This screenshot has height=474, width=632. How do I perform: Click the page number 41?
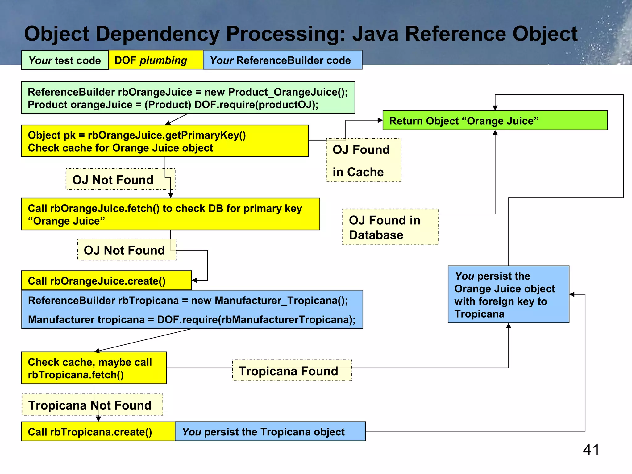(591, 450)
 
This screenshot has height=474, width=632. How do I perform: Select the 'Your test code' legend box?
(65, 60)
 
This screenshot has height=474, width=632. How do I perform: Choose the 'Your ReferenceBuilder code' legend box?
(282, 60)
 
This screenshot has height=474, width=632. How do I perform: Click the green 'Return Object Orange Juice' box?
(495, 121)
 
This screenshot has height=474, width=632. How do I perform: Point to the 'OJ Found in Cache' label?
(364, 160)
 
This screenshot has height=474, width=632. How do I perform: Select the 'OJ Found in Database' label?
(390, 227)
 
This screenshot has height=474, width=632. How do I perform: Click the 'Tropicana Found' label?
(292, 371)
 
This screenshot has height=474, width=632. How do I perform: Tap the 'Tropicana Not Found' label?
(92, 405)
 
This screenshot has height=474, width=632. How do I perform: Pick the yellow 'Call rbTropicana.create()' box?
(98, 431)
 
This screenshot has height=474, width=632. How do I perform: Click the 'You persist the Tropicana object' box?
(270, 431)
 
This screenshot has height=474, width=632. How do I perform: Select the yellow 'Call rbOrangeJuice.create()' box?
(106, 281)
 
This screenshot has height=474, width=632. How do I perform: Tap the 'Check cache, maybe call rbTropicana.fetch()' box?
(94, 368)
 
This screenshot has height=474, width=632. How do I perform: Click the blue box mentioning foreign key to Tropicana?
(508, 294)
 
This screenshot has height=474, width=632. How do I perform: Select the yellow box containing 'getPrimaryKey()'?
(165, 141)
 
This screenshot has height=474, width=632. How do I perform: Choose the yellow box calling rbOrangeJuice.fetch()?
(170, 214)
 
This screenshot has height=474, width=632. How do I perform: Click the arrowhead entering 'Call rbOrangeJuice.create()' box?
(194, 280)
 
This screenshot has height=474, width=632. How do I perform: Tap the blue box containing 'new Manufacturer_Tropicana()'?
(192, 310)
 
